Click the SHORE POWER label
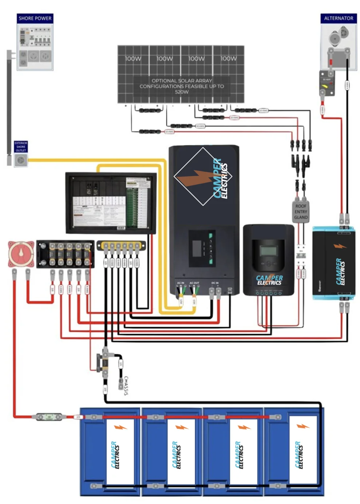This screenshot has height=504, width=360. click(35, 18)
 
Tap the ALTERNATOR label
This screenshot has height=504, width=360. click(338, 18)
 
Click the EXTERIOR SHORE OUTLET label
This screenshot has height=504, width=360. click(21, 147)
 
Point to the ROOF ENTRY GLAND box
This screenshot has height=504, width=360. click(301, 211)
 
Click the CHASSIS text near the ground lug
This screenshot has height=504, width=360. click(125, 385)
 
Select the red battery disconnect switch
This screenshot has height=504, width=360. click(21, 254)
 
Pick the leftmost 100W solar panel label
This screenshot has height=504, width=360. click(133, 59)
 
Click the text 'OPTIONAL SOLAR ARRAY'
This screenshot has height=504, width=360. click(181, 81)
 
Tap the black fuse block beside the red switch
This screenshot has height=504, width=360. click(65, 254)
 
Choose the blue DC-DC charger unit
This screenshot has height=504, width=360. click(333, 263)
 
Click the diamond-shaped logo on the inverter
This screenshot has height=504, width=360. click(203, 176)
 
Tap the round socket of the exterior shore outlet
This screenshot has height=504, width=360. click(21, 160)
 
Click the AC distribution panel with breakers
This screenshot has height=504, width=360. click(111, 203)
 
